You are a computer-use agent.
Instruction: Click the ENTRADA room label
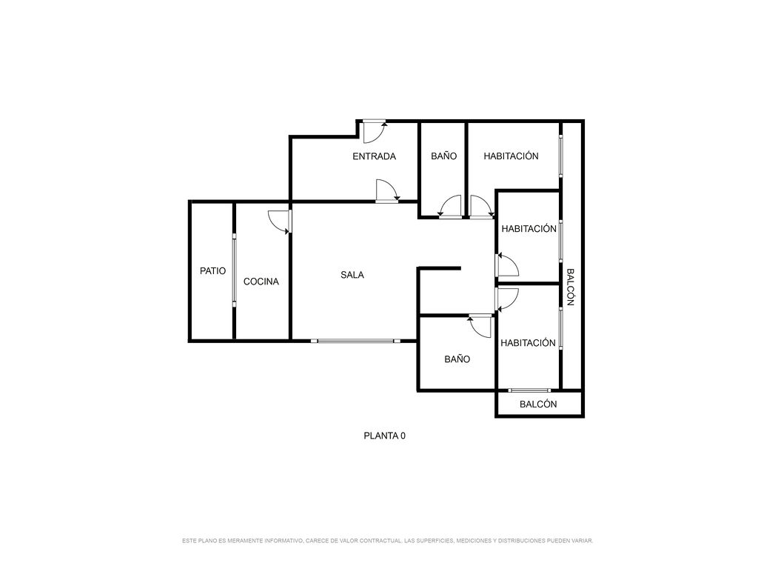[374, 156]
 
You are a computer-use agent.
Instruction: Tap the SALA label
[352, 275]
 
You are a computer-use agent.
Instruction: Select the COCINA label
[261, 282]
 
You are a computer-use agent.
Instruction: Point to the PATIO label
[212, 271]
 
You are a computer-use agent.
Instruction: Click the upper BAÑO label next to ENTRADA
[444, 156]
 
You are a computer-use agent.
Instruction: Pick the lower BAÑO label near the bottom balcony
[457, 359]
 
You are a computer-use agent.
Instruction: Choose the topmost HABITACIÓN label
[511, 156]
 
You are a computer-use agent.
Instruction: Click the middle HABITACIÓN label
[529, 228]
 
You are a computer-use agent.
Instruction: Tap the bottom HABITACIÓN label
[528, 342]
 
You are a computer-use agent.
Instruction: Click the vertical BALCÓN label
[571, 287]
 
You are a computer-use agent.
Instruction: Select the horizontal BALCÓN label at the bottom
[538, 404]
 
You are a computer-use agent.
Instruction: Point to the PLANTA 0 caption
[385, 436]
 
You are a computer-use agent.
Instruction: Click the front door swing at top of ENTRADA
[375, 132]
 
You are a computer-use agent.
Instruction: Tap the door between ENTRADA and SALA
[387, 190]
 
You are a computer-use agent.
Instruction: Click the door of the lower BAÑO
[480, 327]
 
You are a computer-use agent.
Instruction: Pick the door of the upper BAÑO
[450, 207]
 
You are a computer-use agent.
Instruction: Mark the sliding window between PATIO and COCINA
[234, 270]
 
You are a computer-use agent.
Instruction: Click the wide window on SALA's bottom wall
[356, 341]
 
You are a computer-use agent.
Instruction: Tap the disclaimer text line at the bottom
[388, 540]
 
